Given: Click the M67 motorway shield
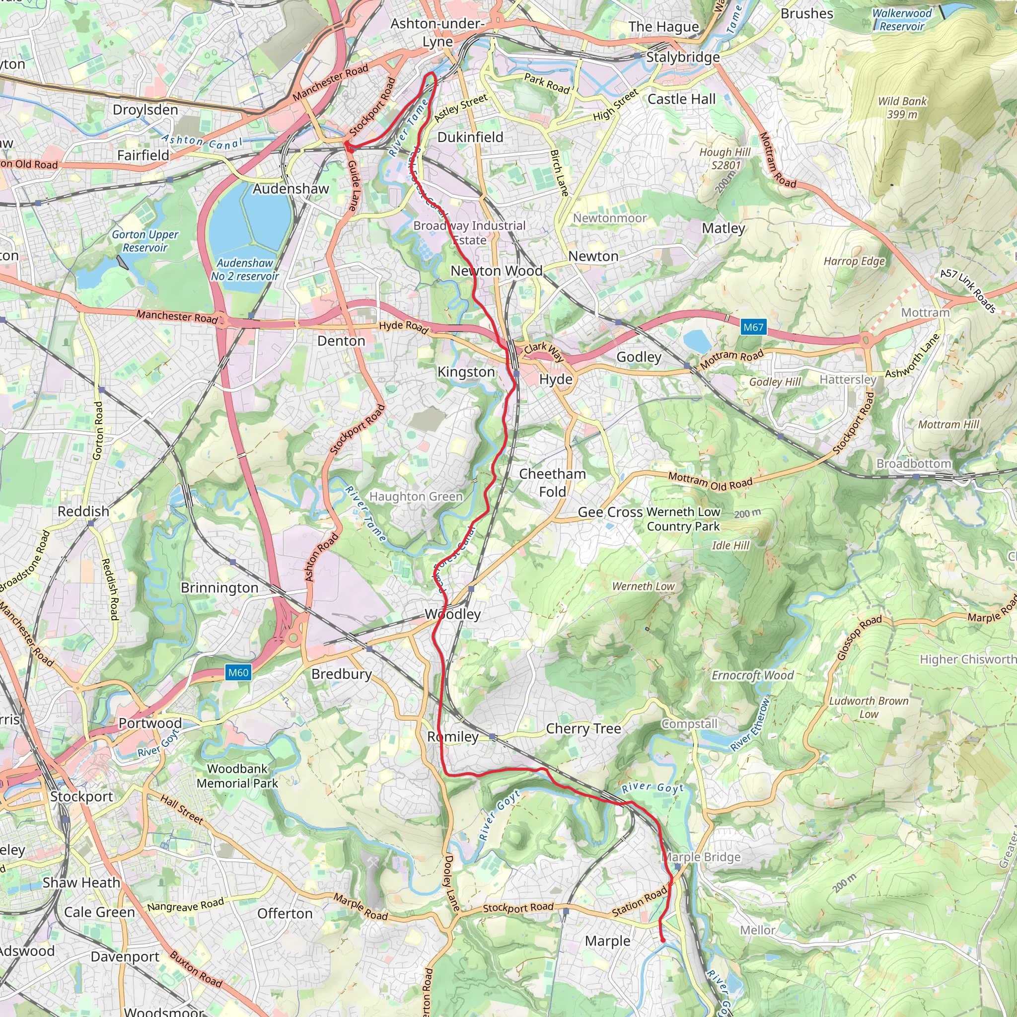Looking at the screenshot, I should [753, 327].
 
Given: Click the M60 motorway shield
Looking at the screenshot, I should [238, 672].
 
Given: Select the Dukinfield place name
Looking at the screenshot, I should [470, 137].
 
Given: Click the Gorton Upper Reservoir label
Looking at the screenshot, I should [145, 241].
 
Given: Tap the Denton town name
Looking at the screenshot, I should [341, 341].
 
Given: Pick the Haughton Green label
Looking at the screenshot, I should [416, 497].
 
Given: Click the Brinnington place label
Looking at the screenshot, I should [219, 587].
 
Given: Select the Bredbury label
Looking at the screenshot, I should [342, 674].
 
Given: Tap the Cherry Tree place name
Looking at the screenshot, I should [583, 728].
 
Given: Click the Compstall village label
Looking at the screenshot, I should [689, 724].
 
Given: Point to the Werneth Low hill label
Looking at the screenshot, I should [643, 586].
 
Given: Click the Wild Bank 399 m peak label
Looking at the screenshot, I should [902, 107].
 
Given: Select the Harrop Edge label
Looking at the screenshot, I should [854, 261].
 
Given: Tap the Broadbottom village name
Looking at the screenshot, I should [914, 464].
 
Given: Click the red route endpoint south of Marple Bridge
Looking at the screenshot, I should [663, 940].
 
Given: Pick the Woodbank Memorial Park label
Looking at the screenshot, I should [237, 776].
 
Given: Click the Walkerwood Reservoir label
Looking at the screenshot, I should [902, 19].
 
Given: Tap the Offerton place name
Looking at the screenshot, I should [285, 913].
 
